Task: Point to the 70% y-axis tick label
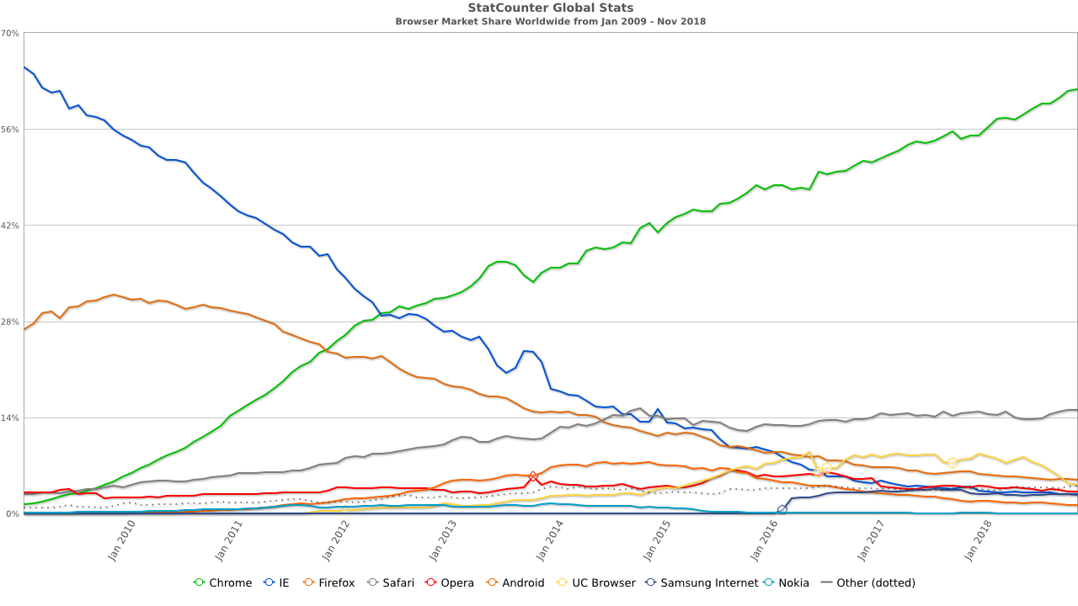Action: (x=11, y=34)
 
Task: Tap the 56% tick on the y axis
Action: (x=11, y=130)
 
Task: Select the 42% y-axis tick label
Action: (x=11, y=226)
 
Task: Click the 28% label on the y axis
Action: (x=11, y=322)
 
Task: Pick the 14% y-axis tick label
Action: (x=11, y=418)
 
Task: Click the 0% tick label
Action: (x=13, y=514)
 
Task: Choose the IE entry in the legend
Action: (x=279, y=582)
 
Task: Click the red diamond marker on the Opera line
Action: (x=533, y=476)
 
